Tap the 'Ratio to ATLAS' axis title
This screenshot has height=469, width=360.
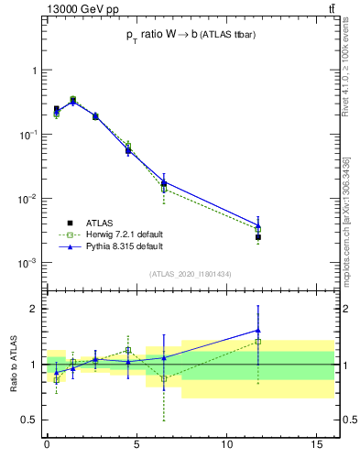pyautogui.click(x=14, y=365)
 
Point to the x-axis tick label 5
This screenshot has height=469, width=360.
pyautogui.click(x=136, y=444)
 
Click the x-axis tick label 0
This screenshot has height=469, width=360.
pyautogui.click(x=47, y=444)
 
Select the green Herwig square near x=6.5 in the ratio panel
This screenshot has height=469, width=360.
pyautogui.click(x=164, y=378)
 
